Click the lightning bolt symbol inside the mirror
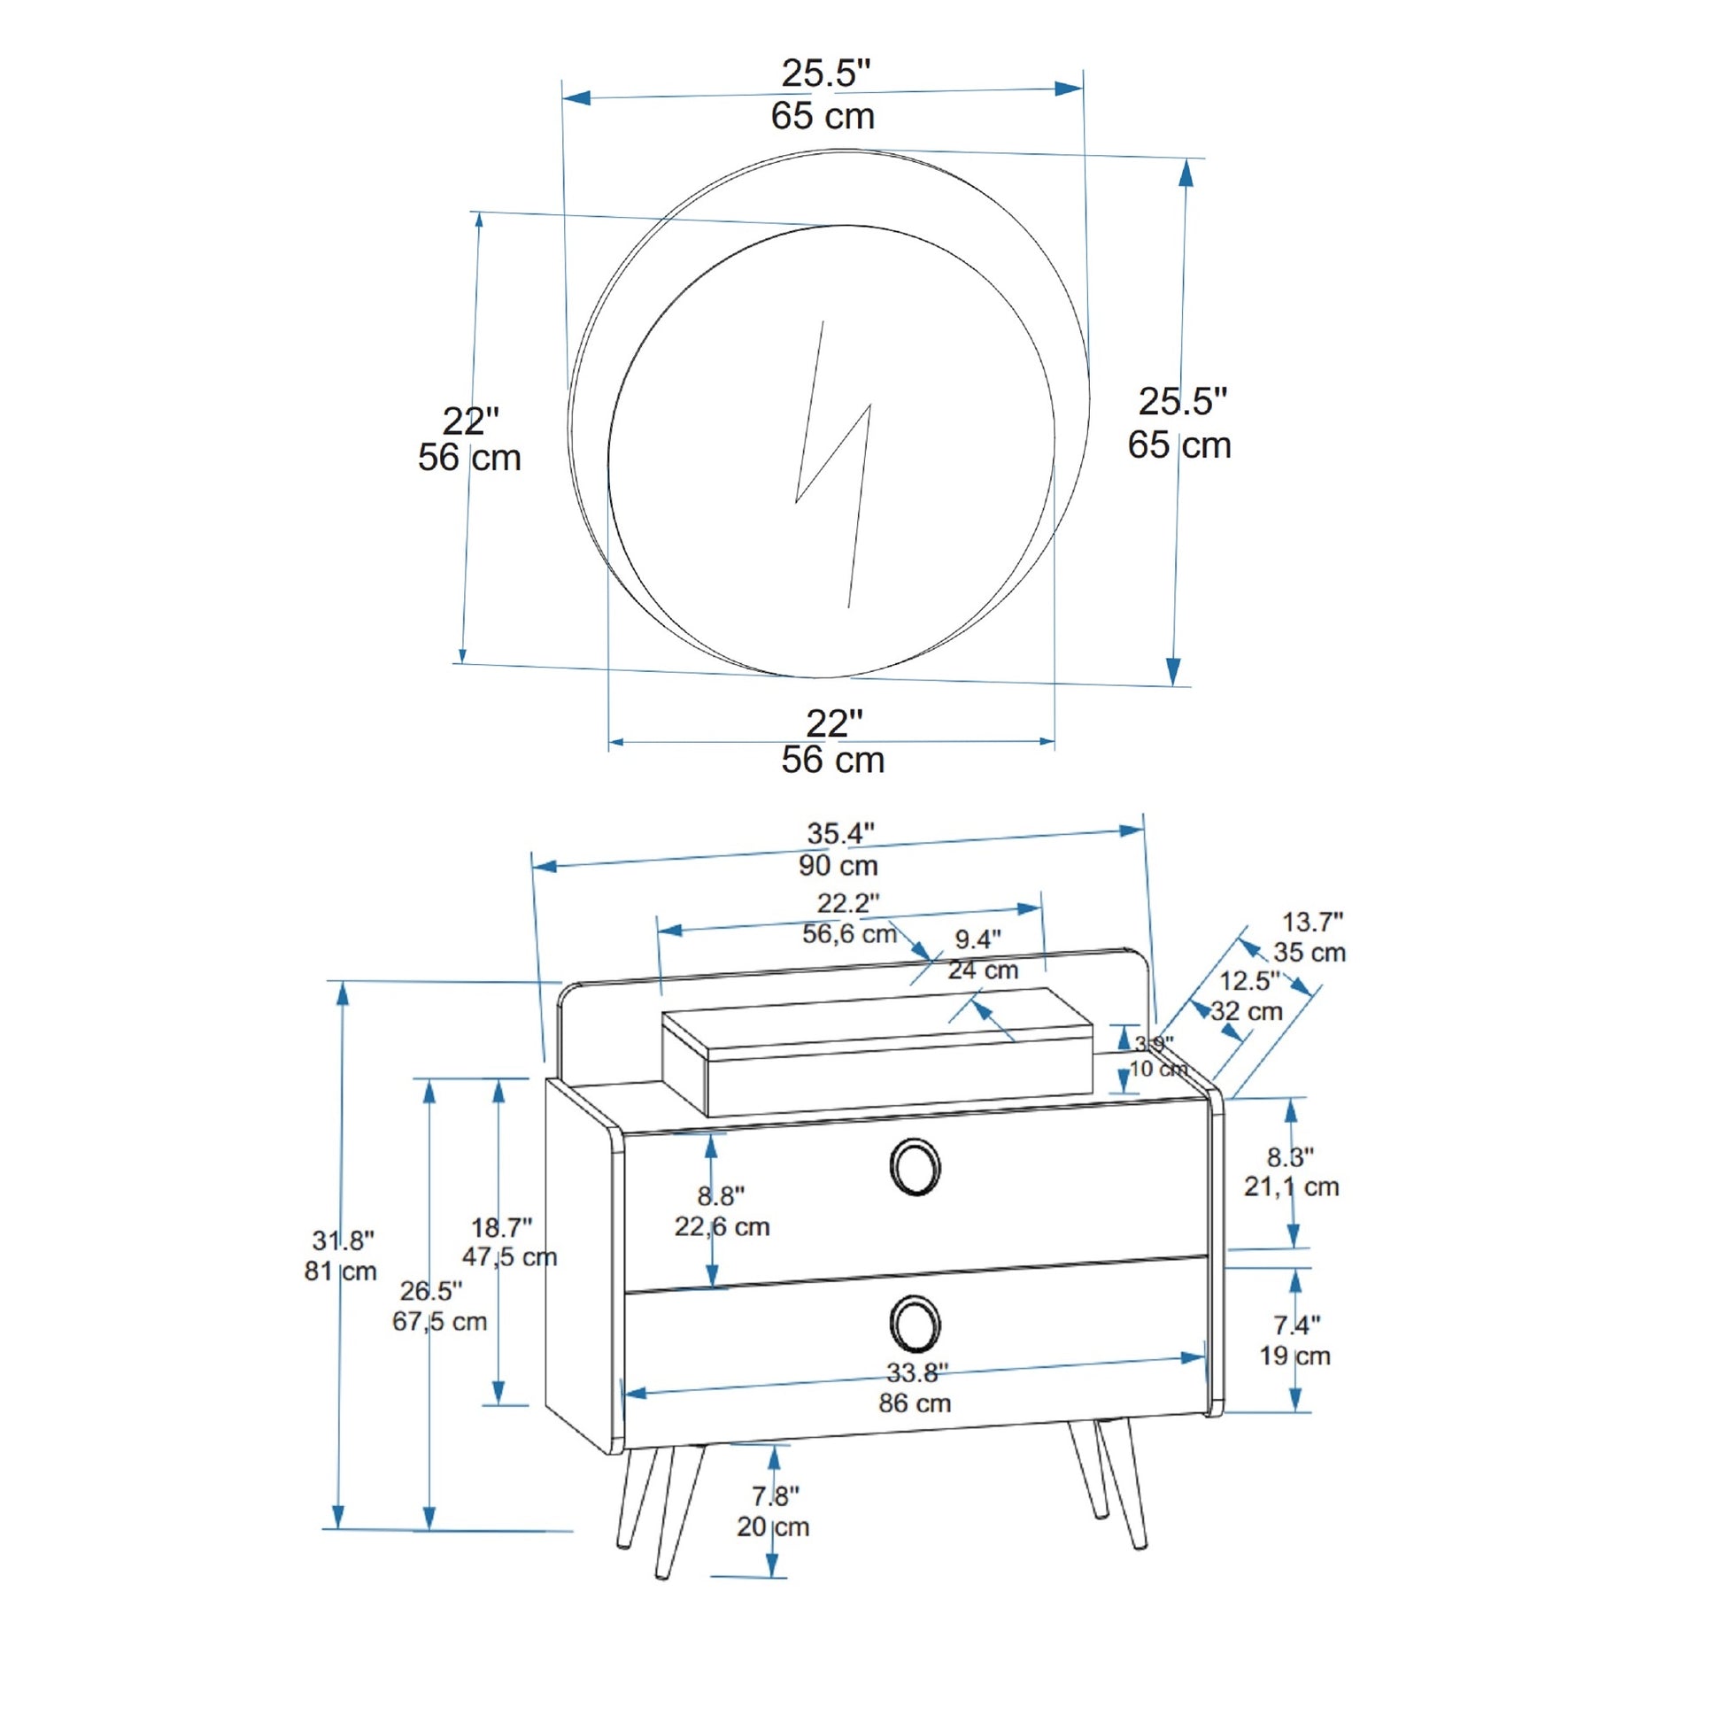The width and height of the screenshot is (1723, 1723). click(832, 464)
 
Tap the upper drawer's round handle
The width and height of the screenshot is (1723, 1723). click(915, 1166)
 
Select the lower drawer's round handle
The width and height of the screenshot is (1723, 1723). click(915, 1324)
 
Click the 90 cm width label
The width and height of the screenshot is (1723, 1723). click(838, 865)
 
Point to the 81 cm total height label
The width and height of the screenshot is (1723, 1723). click(341, 1271)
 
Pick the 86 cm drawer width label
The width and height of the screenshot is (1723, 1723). click(915, 1402)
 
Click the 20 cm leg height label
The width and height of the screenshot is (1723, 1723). click(773, 1526)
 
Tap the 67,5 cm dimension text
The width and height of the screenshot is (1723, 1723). click(440, 1321)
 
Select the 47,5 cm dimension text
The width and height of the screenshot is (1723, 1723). click(509, 1256)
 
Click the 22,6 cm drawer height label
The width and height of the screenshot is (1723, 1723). click(722, 1226)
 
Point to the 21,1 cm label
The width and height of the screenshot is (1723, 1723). click(1291, 1186)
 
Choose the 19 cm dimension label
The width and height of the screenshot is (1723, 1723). click(1295, 1356)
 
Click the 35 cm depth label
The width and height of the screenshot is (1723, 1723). click(1310, 952)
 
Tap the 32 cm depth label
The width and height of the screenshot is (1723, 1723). click(1247, 1011)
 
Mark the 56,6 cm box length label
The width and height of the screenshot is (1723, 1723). click(850, 934)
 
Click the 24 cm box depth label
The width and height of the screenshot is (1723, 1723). click(983, 970)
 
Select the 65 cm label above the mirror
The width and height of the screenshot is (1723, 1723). click(823, 116)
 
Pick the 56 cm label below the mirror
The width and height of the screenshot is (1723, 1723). click(833, 760)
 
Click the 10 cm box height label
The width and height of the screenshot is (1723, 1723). click(1158, 1069)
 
